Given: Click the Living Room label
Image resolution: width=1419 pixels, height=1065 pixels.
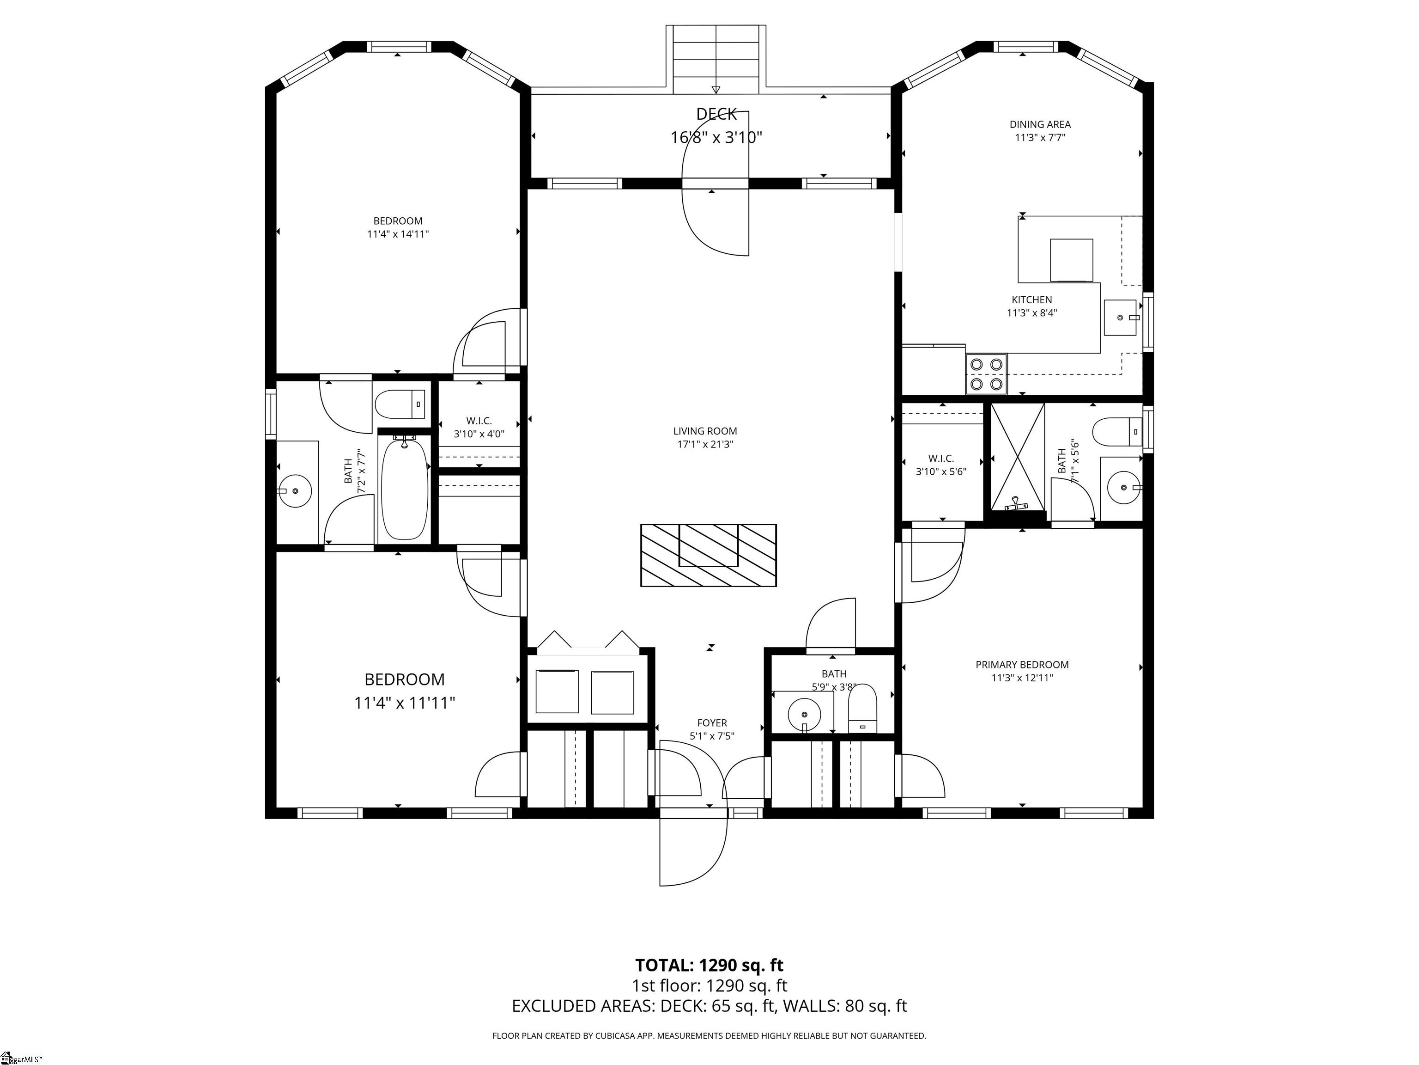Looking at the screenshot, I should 705,431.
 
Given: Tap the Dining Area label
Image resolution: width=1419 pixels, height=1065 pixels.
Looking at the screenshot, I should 1040,124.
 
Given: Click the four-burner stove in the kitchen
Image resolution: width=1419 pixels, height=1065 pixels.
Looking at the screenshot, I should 987,374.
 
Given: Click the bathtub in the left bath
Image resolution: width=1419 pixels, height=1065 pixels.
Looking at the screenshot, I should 404,489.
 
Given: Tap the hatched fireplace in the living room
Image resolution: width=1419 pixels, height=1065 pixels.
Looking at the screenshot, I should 708,555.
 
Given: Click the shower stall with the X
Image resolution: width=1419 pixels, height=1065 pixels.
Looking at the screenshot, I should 1018,457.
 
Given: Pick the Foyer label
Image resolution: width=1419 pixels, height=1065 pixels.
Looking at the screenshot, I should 712,723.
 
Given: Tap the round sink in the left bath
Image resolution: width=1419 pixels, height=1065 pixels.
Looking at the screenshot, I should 295,491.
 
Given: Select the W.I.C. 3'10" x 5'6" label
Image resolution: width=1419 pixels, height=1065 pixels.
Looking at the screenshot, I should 941,465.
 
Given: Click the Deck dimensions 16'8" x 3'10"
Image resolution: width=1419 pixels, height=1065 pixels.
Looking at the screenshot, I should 716,137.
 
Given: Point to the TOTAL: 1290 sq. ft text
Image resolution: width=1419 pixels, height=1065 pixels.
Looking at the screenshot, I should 709,965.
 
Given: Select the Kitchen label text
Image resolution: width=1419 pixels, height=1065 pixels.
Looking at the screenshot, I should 1031,300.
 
